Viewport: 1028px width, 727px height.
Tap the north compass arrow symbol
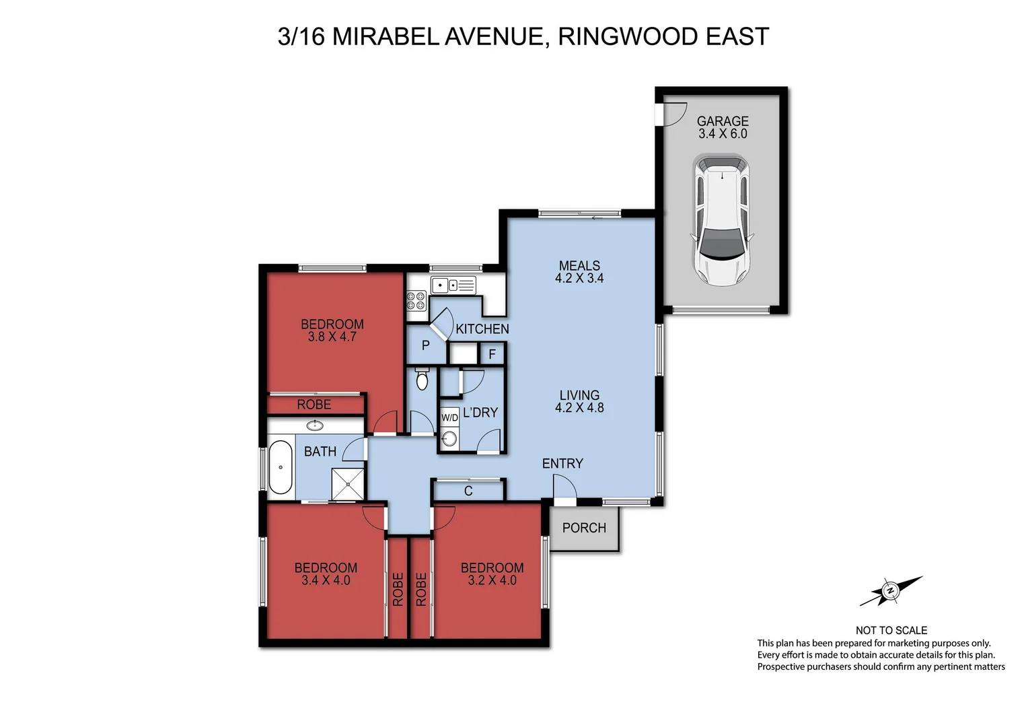(x=890, y=591)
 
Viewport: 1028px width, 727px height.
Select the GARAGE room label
(x=723, y=121)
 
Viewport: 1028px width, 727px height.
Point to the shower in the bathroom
(x=348, y=483)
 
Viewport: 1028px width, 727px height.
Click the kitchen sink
(x=445, y=285)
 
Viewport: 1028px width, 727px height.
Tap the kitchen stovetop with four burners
(x=416, y=300)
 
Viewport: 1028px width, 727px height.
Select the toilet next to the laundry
(x=422, y=380)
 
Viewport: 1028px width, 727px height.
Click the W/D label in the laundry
(x=449, y=417)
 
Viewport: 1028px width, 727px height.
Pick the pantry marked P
(x=425, y=345)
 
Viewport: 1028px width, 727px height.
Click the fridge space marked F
(x=492, y=353)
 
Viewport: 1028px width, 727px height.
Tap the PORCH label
(x=584, y=528)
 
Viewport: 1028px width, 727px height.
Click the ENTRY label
(x=562, y=463)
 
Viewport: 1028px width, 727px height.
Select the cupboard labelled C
(x=468, y=491)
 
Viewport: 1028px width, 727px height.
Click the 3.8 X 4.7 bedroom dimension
(x=332, y=337)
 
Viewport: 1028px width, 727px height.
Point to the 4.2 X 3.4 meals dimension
(x=579, y=278)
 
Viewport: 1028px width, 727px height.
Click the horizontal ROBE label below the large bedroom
(x=314, y=405)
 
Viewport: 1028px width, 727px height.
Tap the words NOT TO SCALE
(x=891, y=630)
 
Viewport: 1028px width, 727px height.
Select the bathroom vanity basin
(x=314, y=425)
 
